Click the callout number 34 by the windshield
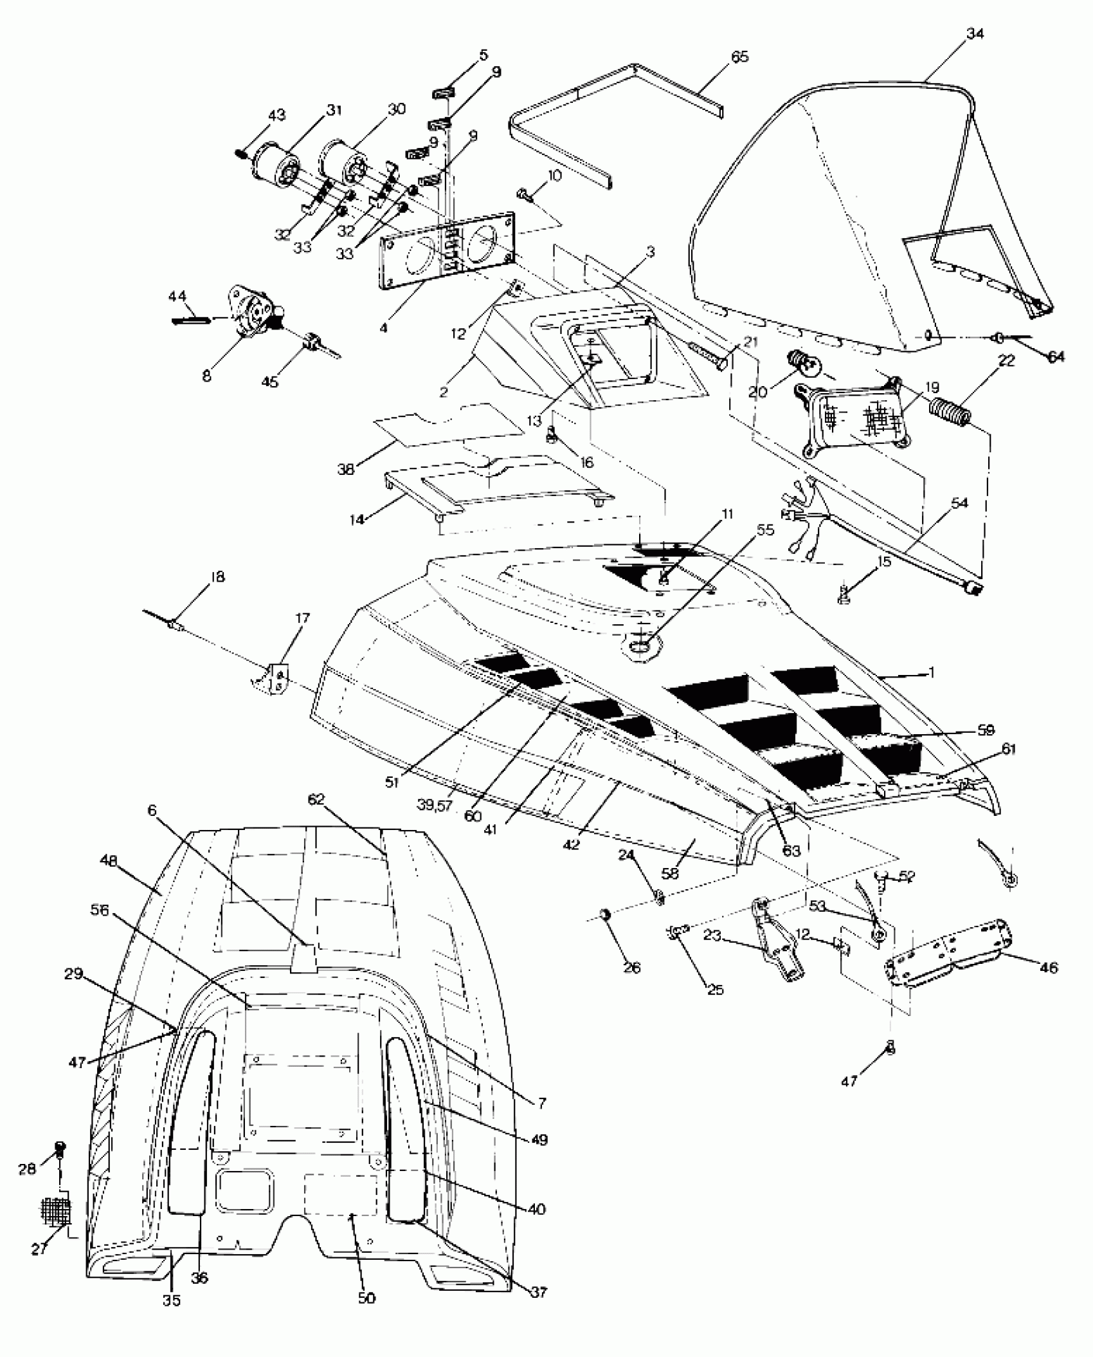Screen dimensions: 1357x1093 pyautogui.click(x=975, y=34)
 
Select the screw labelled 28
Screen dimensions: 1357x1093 pyautogui.click(x=61, y=1149)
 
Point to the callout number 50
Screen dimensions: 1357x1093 pyautogui.click(x=366, y=1298)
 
